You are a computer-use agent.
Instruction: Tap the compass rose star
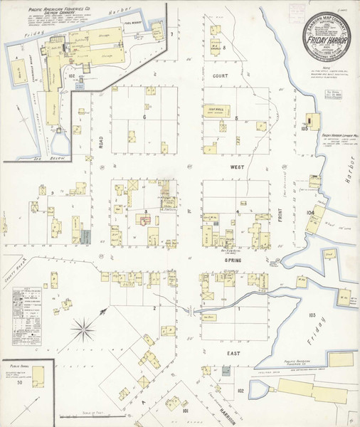86,329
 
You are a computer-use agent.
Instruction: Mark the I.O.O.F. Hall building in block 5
216,110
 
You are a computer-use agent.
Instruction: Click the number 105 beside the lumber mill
305,129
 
